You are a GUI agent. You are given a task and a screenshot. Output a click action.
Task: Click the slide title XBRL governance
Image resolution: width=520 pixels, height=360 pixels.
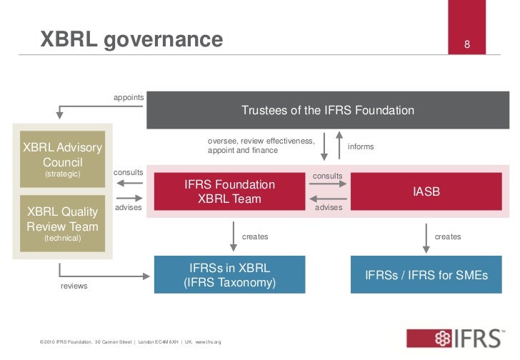coord(131,39)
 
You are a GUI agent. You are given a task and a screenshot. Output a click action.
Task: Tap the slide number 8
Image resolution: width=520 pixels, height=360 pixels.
coord(467,46)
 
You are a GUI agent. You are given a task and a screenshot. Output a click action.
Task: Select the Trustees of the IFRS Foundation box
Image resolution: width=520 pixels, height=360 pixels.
coord(327,111)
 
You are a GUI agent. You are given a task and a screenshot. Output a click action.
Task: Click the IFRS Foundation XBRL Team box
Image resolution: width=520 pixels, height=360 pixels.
coord(229,191)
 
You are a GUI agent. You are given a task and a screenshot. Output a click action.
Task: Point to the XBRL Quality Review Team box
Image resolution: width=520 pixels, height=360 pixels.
coord(63,222)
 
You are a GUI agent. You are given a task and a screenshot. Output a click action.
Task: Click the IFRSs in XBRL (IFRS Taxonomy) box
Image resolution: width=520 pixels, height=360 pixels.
coord(229,275)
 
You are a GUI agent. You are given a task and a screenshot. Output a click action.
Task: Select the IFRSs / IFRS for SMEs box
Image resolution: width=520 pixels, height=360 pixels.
coord(426,275)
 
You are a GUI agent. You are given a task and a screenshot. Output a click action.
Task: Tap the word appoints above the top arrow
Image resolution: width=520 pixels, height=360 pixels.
coord(129,97)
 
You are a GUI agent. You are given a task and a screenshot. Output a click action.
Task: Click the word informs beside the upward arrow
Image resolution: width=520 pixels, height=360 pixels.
coord(361,146)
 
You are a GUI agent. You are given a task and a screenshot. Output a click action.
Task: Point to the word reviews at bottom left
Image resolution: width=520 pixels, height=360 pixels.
coord(74,286)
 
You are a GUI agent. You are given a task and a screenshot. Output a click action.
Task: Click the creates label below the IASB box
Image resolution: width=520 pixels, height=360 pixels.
coord(448,236)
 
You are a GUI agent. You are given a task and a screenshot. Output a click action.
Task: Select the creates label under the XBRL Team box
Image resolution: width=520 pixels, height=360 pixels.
coord(255,236)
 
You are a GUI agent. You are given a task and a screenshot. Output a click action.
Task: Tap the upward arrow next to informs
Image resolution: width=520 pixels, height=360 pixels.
coord(339,146)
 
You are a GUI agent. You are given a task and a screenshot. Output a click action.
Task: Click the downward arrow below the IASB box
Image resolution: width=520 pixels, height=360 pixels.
coord(426,237)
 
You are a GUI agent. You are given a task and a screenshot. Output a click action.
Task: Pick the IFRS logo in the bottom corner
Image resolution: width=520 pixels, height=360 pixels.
coord(458,339)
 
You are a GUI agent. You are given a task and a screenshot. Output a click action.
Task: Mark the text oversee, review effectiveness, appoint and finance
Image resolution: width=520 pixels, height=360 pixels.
coord(261,146)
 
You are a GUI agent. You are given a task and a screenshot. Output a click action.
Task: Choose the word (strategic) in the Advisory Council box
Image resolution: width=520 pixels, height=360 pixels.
coord(63,174)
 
